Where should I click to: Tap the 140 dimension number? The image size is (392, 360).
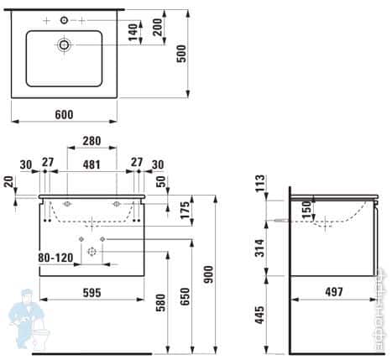point(132,34)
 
